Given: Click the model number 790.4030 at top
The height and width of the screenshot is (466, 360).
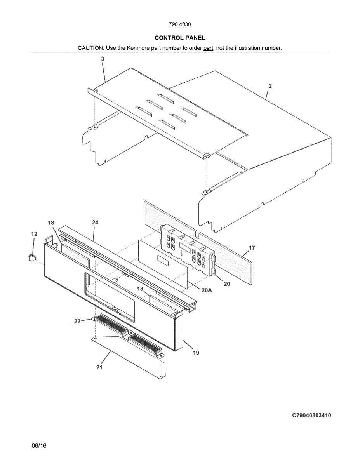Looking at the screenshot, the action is (x=180, y=24).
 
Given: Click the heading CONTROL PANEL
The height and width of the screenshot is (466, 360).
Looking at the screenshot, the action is (x=180, y=38).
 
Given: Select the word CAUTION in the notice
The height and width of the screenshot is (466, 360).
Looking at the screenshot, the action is (x=90, y=48).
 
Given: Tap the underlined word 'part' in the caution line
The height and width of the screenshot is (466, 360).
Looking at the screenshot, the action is (x=209, y=48).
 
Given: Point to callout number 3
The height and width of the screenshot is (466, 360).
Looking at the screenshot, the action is (x=103, y=59).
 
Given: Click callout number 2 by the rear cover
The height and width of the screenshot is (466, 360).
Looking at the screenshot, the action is (x=270, y=86).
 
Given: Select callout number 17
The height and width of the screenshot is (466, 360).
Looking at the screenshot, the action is (x=252, y=248).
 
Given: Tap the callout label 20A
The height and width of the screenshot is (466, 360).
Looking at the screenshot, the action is (x=207, y=290).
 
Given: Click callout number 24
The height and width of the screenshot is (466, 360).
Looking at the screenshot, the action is (x=95, y=223).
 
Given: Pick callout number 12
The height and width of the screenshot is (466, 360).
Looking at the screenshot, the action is (x=34, y=234).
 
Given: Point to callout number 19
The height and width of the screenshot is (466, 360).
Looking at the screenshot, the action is (x=196, y=353).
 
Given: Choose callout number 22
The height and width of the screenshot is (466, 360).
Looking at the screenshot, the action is (x=77, y=321).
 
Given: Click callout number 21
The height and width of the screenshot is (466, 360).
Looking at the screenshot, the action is (x=99, y=367).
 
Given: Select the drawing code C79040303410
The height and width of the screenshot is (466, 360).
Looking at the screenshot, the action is (x=311, y=416).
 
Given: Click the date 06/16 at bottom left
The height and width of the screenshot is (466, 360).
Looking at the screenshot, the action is (x=39, y=446).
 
